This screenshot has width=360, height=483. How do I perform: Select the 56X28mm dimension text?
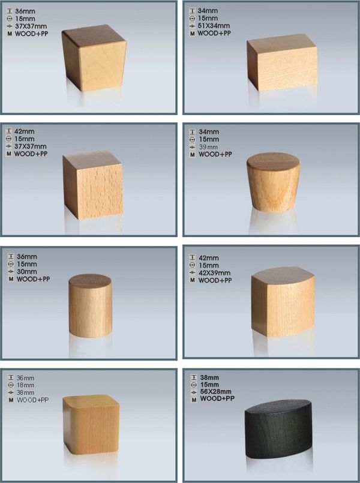(215, 392)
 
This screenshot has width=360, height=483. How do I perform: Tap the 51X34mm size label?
(214, 26)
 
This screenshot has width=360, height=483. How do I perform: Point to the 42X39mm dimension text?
(214, 272)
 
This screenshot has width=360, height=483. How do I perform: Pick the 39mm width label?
(208, 147)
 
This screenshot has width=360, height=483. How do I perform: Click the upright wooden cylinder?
(90, 305)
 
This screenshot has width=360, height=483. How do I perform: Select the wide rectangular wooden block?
(282, 62)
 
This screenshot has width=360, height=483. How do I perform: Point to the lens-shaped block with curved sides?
(283, 302)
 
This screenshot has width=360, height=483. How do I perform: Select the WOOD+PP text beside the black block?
(217, 398)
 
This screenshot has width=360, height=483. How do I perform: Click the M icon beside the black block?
(194, 400)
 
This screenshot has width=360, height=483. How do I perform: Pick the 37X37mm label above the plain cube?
(30, 146)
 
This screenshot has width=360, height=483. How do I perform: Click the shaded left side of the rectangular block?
(252, 65)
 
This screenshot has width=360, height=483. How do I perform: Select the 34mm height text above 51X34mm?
(207, 11)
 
